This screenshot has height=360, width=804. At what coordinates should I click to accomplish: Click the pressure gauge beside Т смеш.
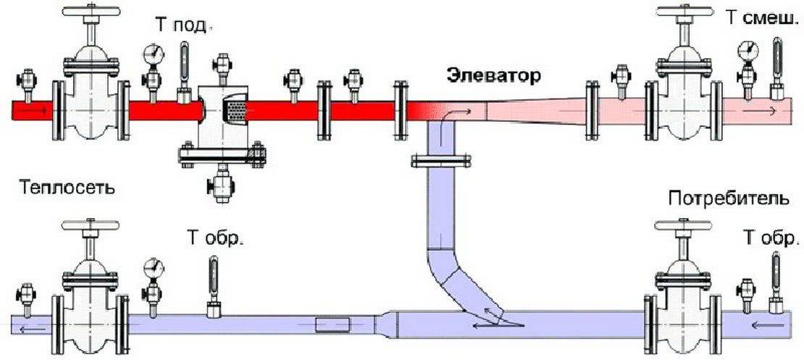click(x=746, y=50)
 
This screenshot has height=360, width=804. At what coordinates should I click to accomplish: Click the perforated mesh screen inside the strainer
click(x=236, y=111)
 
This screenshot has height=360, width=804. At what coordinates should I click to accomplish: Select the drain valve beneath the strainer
click(x=221, y=187)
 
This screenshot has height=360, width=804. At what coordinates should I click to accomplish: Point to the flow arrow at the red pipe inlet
click(x=40, y=111)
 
